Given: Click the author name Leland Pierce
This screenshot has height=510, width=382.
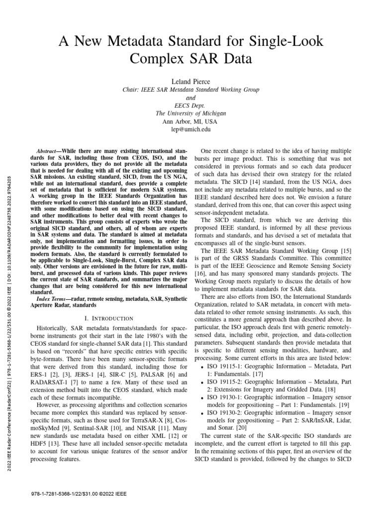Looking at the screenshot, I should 191,81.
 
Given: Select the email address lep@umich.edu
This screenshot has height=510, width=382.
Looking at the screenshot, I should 191,129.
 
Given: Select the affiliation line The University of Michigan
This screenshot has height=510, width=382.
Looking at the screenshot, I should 191,113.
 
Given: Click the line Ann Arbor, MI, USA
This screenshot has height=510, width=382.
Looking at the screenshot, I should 191,121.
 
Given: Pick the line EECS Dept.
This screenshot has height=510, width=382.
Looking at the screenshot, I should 191,105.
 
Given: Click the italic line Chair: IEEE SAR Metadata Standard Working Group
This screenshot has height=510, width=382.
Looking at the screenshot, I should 191,90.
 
